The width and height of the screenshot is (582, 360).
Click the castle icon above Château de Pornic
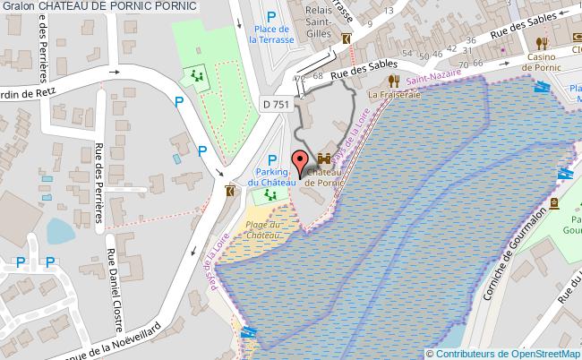point(324,159)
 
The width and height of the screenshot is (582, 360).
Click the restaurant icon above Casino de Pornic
point(542,42)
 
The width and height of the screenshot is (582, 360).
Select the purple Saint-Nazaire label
point(427,82)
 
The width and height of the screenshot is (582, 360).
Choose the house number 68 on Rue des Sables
point(318,77)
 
